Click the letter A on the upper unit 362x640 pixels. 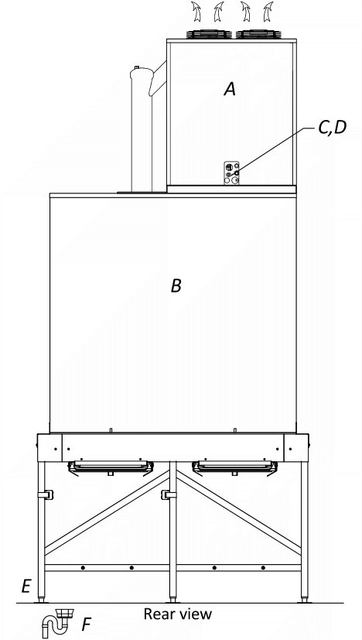(231, 88)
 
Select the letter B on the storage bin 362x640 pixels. (176, 286)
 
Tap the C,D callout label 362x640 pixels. (332, 128)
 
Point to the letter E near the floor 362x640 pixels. (26, 587)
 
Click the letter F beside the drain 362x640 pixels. (86, 624)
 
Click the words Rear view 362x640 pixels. (178, 614)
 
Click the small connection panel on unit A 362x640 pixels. (231, 173)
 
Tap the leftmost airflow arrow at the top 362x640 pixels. (196, 12)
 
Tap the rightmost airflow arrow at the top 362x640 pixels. (268, 12)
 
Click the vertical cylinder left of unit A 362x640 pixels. (142, 128)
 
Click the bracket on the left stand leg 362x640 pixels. (46, 495)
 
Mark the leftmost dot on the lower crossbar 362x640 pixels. (83, 568)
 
